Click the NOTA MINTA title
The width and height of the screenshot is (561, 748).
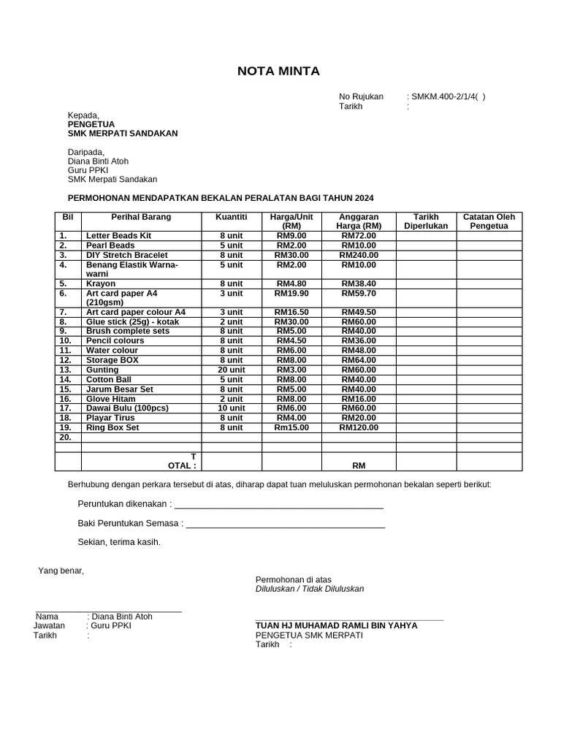(x=278, y=71)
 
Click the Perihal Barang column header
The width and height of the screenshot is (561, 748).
(x=141, y=217)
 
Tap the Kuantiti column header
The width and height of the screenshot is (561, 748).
(x=231, y=217)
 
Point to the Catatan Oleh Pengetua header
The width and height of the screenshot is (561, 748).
(x=489, y=221)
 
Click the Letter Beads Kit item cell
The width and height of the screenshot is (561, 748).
(x=118, y=236)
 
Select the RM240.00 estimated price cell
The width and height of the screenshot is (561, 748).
(x=359, y=255)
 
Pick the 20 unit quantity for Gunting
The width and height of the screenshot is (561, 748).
(x=231, y=370)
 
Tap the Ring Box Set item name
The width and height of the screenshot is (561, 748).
(x=112, y=427)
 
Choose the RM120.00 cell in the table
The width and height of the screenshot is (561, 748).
(x=359, y=427)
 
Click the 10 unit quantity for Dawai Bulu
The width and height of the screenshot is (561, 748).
(x=231, y=408)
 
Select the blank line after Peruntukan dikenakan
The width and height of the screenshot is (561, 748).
(x=279, y=505)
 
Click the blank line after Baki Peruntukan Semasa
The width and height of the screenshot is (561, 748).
(x=286, y=524)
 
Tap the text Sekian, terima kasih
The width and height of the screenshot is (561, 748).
(x=118, y=542)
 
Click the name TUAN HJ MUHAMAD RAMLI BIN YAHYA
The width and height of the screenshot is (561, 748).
(x=336, y=625)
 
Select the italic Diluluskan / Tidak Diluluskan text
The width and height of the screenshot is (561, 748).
(x=309, y=589)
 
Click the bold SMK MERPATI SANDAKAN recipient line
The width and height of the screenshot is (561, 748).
(x=122, y=134)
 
